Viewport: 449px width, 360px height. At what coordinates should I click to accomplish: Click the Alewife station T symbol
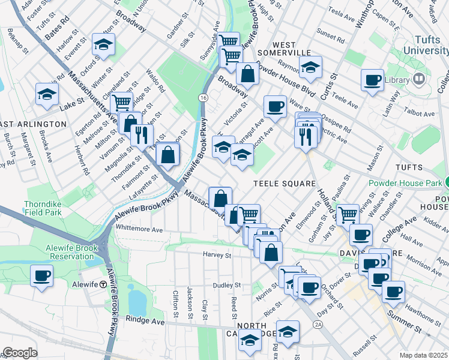[x=103, y=284]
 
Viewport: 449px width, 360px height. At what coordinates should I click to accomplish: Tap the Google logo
[x=20, y=353]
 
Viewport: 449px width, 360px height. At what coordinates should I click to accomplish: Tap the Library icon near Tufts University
[x=419, y=79]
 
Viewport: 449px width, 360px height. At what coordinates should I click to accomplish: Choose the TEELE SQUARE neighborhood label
[x=284, y=183]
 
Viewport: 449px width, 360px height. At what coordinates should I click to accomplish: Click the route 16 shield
[x=205, y=97]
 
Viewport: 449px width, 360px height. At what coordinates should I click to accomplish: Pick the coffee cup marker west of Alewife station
[x=41, y=276]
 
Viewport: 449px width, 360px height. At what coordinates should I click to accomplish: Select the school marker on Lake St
[x=47, y=94]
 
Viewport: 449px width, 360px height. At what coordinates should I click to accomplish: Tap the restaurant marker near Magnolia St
[x=142, y=134]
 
